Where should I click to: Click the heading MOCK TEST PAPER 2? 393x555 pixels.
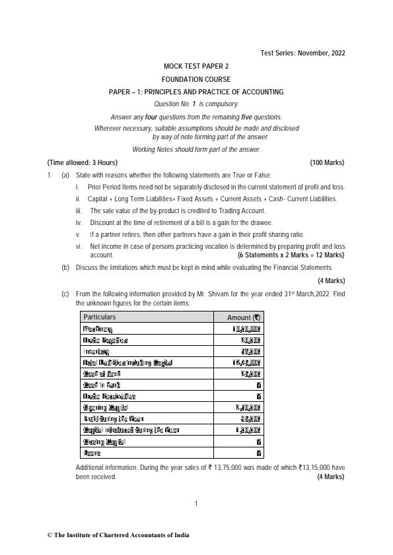point(196,67)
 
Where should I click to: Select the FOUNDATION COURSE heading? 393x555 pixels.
point(196,79)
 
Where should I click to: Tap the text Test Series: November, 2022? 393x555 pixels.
point(302,53)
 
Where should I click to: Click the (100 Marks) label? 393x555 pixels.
point(327,162)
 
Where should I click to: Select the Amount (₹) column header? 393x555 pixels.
point(244,317)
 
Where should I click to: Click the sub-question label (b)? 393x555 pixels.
point(65,267)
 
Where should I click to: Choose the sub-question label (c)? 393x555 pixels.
point(65,292)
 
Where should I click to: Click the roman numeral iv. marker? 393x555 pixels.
point(79,222)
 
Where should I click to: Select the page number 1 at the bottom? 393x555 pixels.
point(196,505)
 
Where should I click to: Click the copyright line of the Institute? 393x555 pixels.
point(118,535)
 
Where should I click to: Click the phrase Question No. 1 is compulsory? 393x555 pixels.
point(196,104)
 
